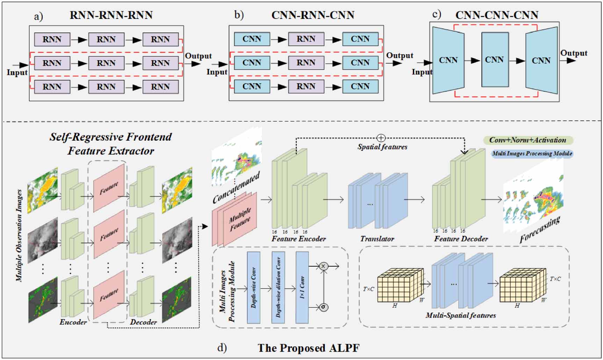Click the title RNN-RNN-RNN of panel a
pos(111,15)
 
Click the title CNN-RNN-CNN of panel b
pos(313,15)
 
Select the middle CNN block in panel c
pos(495,60)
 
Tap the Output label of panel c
pos(574,53)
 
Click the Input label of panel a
pos(17,72)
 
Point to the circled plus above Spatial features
pos(381,138)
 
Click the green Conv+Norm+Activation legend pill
pos(528,140)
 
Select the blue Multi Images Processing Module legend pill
pos(532,154)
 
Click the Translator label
pos(377,239)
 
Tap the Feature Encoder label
pos(299,239)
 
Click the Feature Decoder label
pos(461,239)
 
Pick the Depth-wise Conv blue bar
pos(254,287)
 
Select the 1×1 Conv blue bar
pos(302,287)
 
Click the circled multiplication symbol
pos(323,266)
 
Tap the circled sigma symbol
pos(324,307)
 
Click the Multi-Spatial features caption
pos(460,315)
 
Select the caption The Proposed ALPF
pos(308,348)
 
